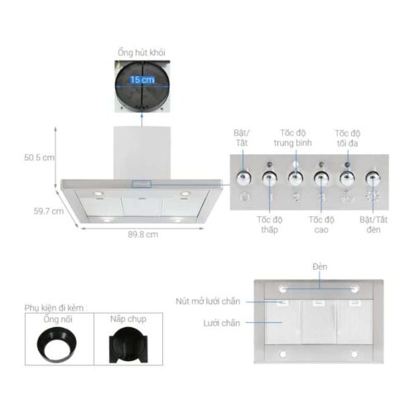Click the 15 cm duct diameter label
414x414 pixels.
141,79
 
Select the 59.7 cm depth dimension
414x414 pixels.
48,211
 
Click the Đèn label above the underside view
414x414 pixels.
320,266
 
